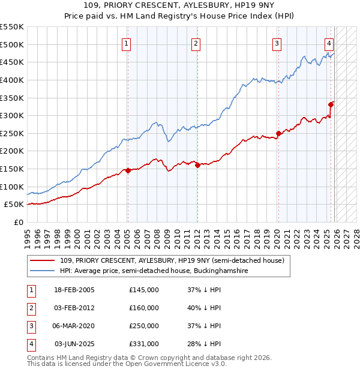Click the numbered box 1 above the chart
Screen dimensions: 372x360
tap(127, 43)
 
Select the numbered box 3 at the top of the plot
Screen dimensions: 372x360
tap(277, 43)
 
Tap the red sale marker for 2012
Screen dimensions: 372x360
tap(197, 166)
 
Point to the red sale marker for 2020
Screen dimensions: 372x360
tap(278, 133)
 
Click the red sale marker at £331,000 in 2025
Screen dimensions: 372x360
tap(331, 104)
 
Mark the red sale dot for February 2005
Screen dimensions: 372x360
tap(128, 170)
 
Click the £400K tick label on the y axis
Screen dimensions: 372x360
tap(12, 80)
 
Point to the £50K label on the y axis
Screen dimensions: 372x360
tap(14, 205)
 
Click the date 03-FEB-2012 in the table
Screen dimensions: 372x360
tap(74, 308)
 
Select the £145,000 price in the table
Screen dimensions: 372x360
tap(144, 290)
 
